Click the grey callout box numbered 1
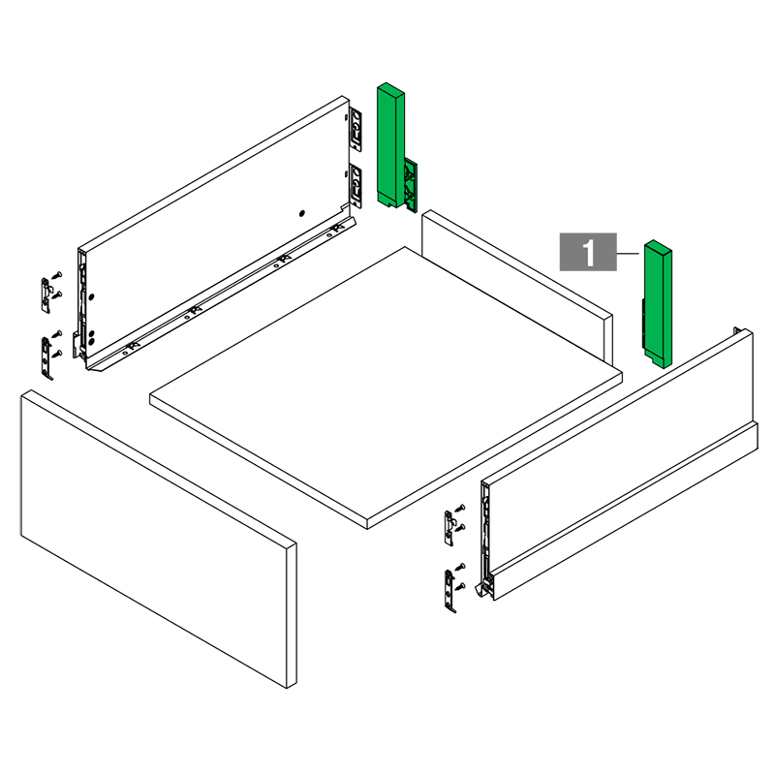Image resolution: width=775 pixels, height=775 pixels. click(588, 252)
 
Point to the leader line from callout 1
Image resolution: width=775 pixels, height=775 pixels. click(628, 254)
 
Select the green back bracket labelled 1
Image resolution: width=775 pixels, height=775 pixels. click(658, 304)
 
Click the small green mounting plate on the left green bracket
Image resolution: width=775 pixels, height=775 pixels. click(411, 186)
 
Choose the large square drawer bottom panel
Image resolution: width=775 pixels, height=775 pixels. click(386, 387)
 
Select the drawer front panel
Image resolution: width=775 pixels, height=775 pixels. click(159, 539)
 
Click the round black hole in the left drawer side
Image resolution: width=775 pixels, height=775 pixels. click(302, 213)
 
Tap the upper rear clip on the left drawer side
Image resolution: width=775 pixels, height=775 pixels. click(356, 130)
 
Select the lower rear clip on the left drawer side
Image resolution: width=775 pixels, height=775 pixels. click(356, 186)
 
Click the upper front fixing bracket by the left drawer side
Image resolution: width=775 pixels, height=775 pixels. click(46, 295)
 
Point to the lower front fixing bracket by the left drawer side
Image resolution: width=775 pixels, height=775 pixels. click(46, 358)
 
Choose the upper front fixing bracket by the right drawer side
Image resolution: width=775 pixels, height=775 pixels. click(449, 528)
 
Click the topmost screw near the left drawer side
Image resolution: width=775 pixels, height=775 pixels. click(58, 274)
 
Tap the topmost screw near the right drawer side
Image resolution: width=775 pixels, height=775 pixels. click(461, 507)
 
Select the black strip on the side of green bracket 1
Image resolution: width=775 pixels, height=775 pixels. click(643, 324)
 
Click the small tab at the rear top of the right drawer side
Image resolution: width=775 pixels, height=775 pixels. click(737, 330)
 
